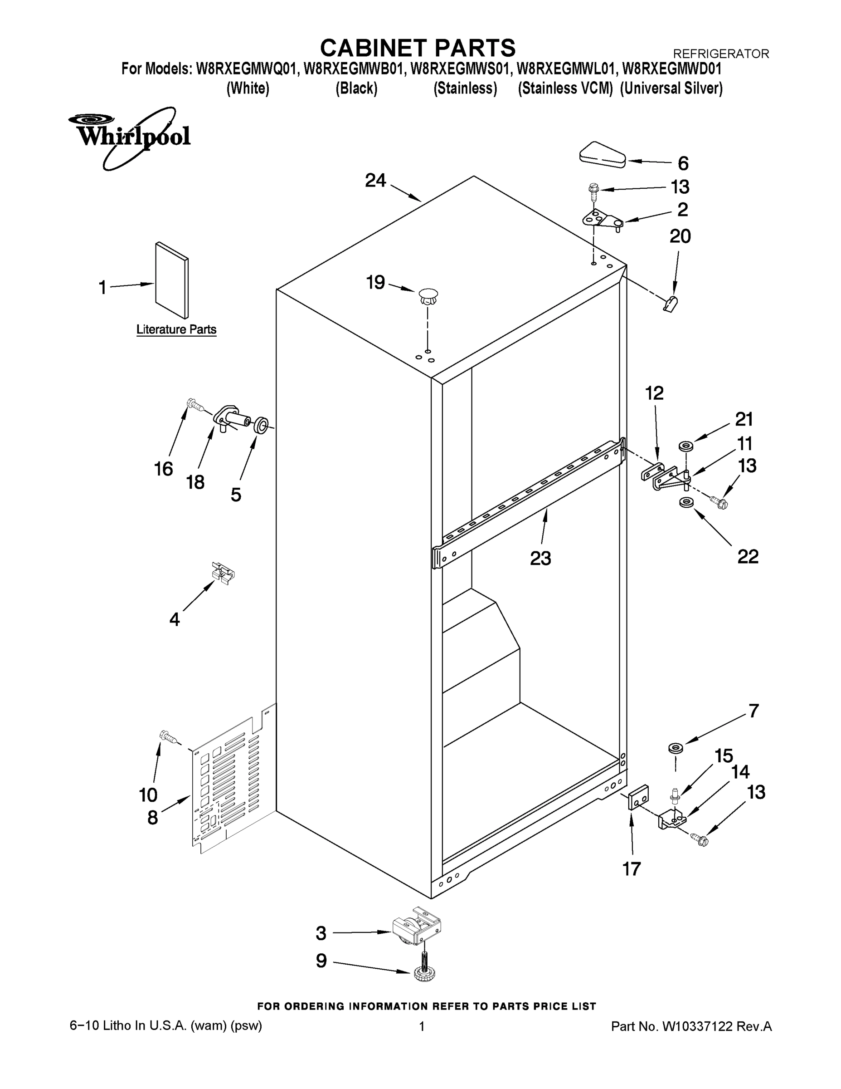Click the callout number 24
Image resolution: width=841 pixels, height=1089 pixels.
tap(375, 181)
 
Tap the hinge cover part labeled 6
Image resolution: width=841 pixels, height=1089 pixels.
tap(603, 155)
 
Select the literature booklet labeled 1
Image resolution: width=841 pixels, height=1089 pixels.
tap(172, 280)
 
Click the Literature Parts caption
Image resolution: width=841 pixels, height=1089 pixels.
tap(176, 329)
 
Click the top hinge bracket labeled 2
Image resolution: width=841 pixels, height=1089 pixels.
tap(601, 218)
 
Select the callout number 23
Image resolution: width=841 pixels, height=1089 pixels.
tap(540, 558)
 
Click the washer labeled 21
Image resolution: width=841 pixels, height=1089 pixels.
tap(686, 445)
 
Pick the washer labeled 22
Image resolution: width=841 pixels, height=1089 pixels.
tap(686, 502)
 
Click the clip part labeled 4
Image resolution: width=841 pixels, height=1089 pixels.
tap(223, 573)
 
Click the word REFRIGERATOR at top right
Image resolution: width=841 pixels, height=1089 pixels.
tap(720, 54)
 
